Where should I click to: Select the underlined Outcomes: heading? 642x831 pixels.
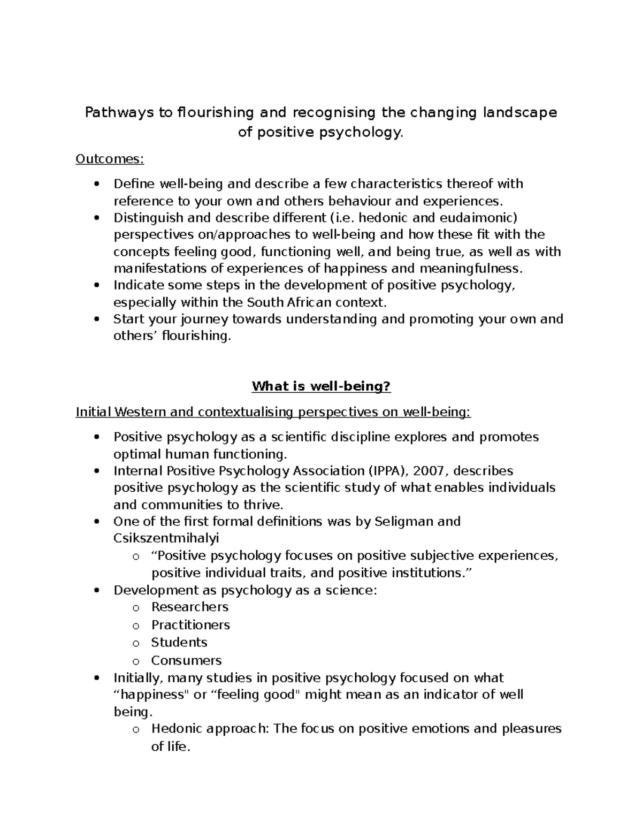click(110, 159)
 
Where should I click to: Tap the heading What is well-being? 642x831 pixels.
click(321, 386)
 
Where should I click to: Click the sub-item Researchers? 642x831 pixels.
click(189, 607)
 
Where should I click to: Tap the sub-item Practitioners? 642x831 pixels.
click(190, 625)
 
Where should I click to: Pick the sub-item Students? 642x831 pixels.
click(179, 642)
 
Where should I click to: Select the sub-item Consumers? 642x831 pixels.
click(186, 660)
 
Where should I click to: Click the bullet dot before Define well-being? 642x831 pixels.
click(96, 185)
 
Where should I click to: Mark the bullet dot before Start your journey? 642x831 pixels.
click(96, 319)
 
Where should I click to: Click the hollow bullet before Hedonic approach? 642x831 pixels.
click(135, 729)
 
